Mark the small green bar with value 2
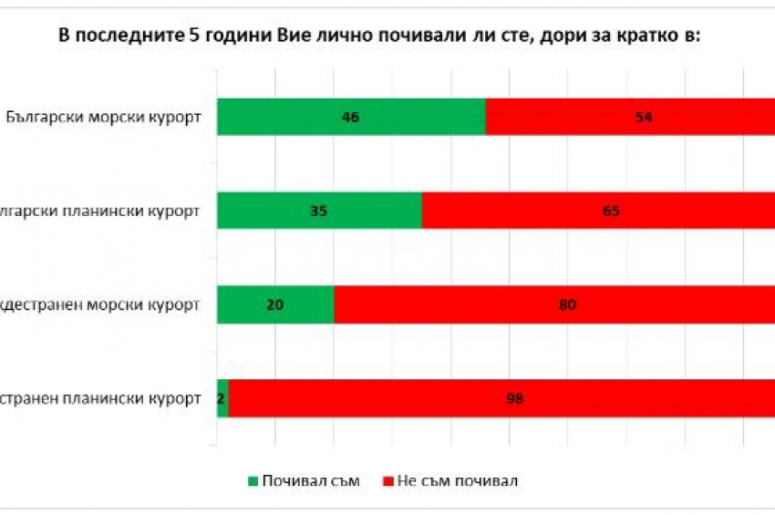click(222, 398)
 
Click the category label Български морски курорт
click(102, 118)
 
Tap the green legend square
click(253, 480)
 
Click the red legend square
click(388, 480)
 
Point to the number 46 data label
click(351, 117)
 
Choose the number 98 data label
click(514, 398)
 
